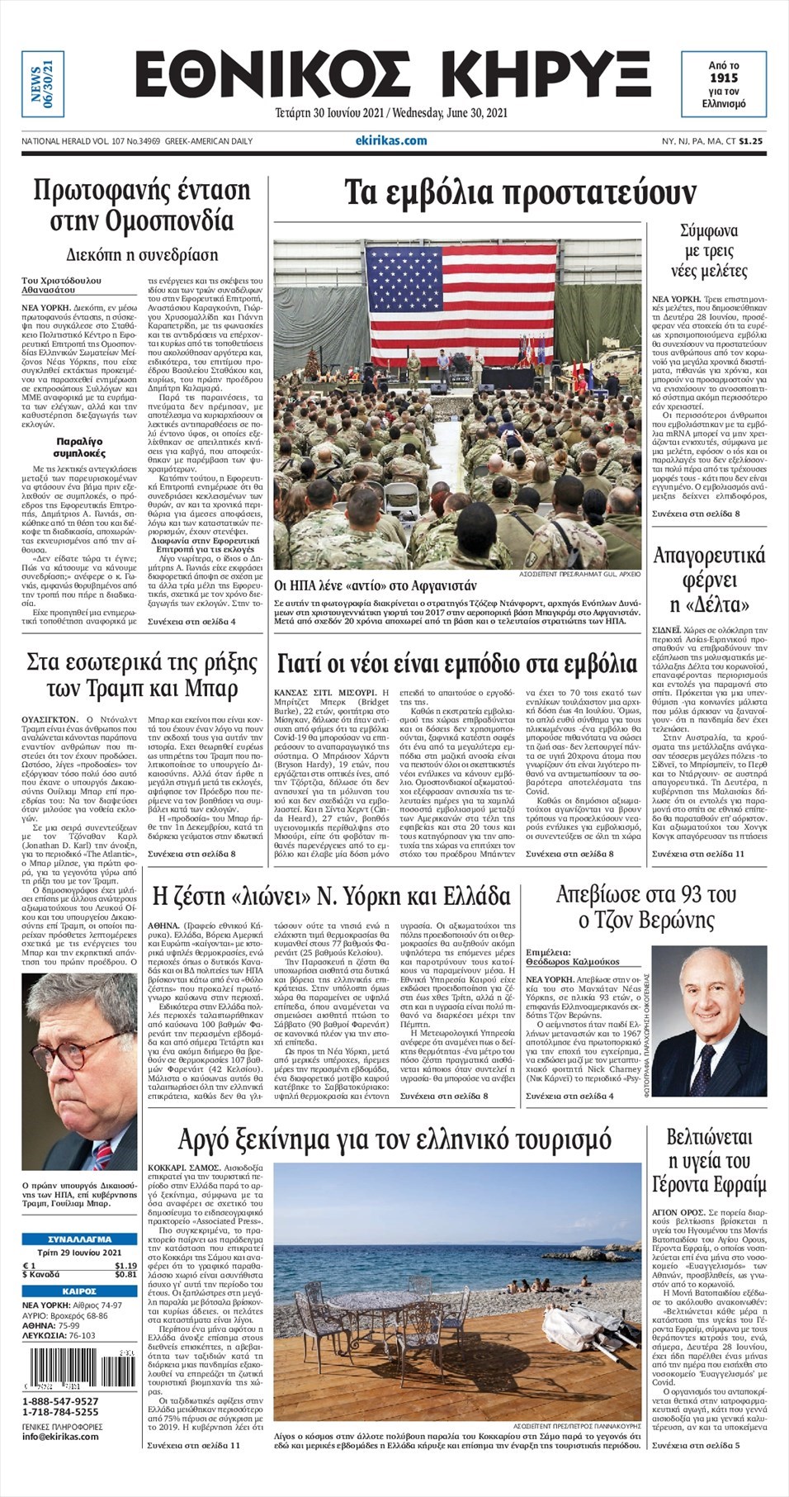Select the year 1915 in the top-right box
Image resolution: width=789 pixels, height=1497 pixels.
click(x=723, y=78)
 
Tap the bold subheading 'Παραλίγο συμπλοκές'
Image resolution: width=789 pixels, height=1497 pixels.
click(x=79, y=448)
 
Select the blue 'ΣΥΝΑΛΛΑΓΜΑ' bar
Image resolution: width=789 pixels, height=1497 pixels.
click(x=79, y=1239)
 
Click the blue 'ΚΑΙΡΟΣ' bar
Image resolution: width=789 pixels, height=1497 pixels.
click(x=79, y=1291)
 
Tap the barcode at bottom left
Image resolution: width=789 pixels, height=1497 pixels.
click(x=79, y=1369)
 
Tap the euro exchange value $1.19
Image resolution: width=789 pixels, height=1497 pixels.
click(x=125, y=1266)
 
